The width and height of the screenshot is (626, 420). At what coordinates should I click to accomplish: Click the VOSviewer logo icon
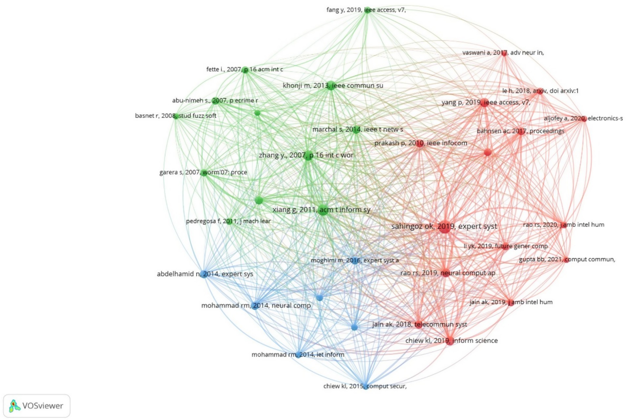click(x=14, y=406)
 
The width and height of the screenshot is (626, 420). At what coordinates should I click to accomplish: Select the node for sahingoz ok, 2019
click(x=445, y=227)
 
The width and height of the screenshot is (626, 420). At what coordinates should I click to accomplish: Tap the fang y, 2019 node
click(x=367, y=10)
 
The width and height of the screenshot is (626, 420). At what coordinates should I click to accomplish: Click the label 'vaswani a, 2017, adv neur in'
click(x=503, y=52)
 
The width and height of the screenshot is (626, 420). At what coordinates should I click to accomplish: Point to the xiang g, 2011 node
click(x=323, y=210)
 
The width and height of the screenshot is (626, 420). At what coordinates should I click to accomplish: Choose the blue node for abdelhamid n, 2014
click(x=204, y=274)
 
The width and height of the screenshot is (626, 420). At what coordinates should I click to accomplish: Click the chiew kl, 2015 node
click(x=365, y=386)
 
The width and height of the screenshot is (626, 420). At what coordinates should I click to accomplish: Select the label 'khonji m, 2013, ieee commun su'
click(x=333, y=86)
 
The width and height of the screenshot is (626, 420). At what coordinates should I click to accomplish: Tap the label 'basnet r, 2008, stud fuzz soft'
click(x=176, y=116)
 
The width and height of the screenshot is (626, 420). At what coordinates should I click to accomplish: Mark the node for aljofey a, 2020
click(x=584, y=119)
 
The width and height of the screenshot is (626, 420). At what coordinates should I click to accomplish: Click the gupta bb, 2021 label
click(x=567, y=259)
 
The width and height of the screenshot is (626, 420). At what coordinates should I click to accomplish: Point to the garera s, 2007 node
click(x=204, y=172)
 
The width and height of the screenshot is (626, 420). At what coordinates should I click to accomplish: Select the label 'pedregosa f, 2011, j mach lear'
click(x=228, y=221)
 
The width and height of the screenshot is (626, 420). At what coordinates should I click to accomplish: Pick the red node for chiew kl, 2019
click(x=450, y=341)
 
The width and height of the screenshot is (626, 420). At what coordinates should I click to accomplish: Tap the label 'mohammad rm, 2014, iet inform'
click(x=298, y=354)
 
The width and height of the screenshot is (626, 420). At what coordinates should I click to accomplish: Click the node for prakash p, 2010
click(x=420, y=143)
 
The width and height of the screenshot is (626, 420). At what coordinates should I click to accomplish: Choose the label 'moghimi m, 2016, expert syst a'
click(x=355, y=260)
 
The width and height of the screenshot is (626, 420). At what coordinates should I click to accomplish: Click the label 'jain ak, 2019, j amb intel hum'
click(x=511, y=302)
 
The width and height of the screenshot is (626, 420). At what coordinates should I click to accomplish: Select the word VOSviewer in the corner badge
click(x=43, y=406)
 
